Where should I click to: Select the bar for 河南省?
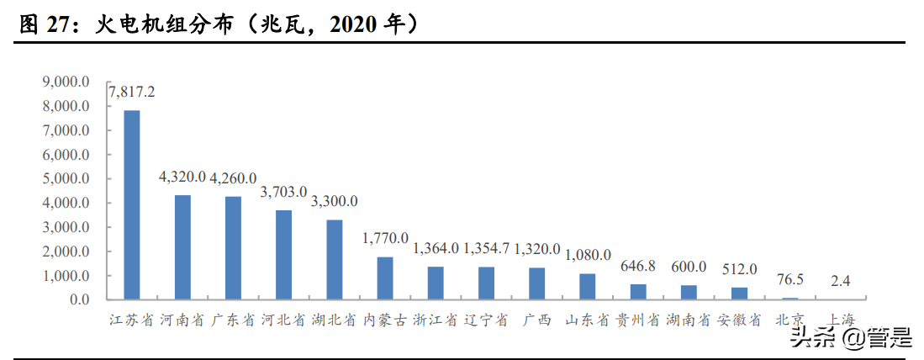182,247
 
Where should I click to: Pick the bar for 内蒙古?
385,278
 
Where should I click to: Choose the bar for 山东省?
588,287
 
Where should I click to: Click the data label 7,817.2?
133,91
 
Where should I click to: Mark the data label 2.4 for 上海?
840,281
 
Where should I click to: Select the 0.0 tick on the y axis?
79,299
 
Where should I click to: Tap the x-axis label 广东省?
233,320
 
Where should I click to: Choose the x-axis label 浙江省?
436,320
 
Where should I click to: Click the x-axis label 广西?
536,320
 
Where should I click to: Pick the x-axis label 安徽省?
739,320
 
